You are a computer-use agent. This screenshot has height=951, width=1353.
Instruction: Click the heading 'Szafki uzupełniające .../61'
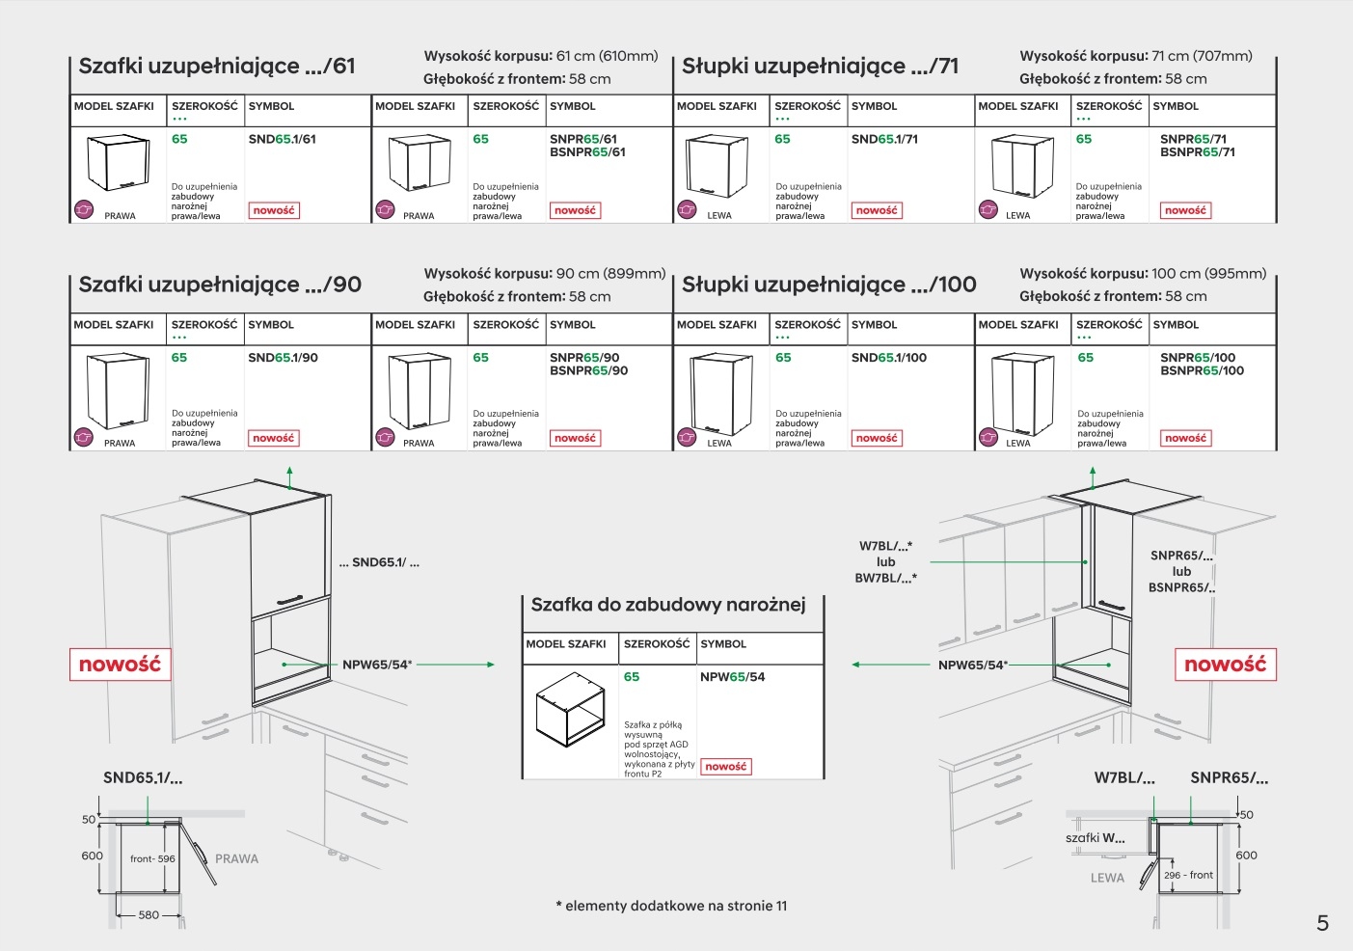217,67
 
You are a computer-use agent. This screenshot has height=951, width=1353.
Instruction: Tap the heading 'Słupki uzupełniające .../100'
828,285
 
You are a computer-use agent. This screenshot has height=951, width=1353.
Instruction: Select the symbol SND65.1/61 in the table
282,139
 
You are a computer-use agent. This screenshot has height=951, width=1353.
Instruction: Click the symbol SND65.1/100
888,358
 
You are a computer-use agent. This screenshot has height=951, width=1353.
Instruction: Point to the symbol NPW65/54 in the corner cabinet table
732,677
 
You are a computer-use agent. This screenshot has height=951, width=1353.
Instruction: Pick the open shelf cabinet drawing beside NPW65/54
570,710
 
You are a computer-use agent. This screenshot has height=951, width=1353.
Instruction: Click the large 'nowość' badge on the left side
120,665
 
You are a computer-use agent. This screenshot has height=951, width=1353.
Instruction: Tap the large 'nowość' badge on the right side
1225,665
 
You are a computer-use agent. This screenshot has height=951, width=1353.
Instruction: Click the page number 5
1322,924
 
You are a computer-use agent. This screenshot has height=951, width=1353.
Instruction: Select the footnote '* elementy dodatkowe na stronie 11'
671,906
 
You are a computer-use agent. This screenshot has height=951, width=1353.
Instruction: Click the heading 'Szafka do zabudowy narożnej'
667,605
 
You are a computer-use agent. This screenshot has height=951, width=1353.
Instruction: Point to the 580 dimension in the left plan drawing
149,914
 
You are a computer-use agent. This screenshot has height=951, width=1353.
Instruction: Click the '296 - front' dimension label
1188,875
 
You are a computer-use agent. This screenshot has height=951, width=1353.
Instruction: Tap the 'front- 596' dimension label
152,858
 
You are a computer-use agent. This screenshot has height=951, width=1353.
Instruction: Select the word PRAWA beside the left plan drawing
236,858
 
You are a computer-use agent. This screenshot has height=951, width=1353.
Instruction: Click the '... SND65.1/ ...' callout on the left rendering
379,562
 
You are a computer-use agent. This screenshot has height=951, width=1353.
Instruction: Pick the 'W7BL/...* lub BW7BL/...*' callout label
885,561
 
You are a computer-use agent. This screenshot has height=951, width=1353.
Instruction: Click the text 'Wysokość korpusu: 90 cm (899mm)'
544,274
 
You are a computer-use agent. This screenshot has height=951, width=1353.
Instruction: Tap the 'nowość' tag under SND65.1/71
877,210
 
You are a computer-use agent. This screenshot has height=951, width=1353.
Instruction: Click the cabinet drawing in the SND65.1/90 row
117,390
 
